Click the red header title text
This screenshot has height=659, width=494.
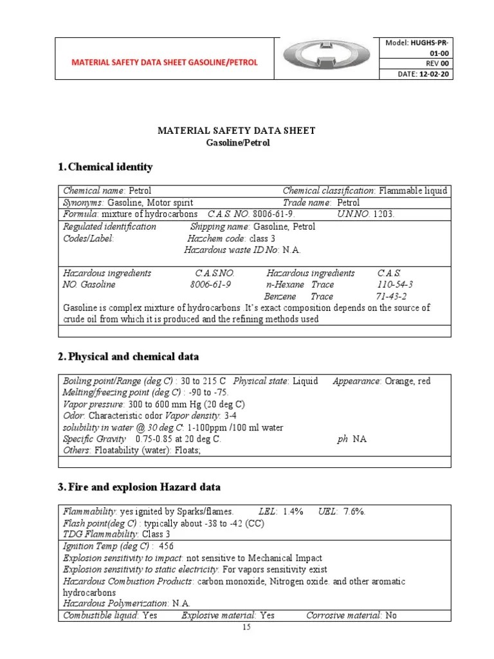coord(164,62)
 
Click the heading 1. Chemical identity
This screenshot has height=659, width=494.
coord(105,167)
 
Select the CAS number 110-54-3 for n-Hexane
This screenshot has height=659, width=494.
coord(395,284)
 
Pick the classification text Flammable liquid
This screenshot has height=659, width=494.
coord(413,191)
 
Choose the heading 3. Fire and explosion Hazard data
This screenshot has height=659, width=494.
coord(139,487)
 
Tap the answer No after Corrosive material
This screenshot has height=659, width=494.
coord(391,615)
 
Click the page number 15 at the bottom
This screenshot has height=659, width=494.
coord(246,628)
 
